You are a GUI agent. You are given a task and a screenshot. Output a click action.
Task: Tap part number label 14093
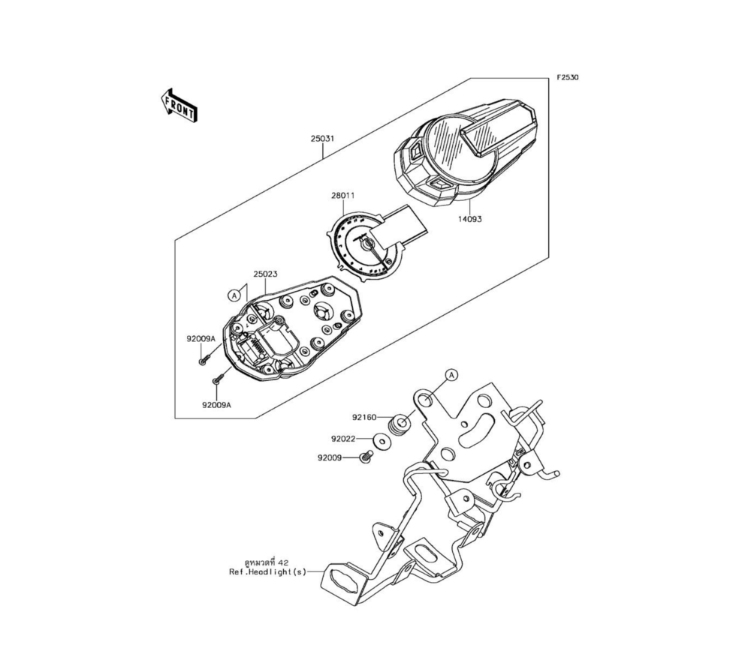470,220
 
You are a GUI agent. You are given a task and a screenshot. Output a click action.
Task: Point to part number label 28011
342,196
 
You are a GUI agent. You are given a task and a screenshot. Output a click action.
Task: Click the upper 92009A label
201,339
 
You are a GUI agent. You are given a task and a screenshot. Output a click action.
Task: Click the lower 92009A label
216,405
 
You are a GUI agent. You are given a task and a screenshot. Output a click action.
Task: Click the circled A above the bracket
451,374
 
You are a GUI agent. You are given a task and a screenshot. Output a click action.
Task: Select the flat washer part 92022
384,442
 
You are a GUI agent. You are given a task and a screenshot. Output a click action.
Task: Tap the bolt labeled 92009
368,456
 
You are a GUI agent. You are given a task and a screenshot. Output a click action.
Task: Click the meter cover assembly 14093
466,150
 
